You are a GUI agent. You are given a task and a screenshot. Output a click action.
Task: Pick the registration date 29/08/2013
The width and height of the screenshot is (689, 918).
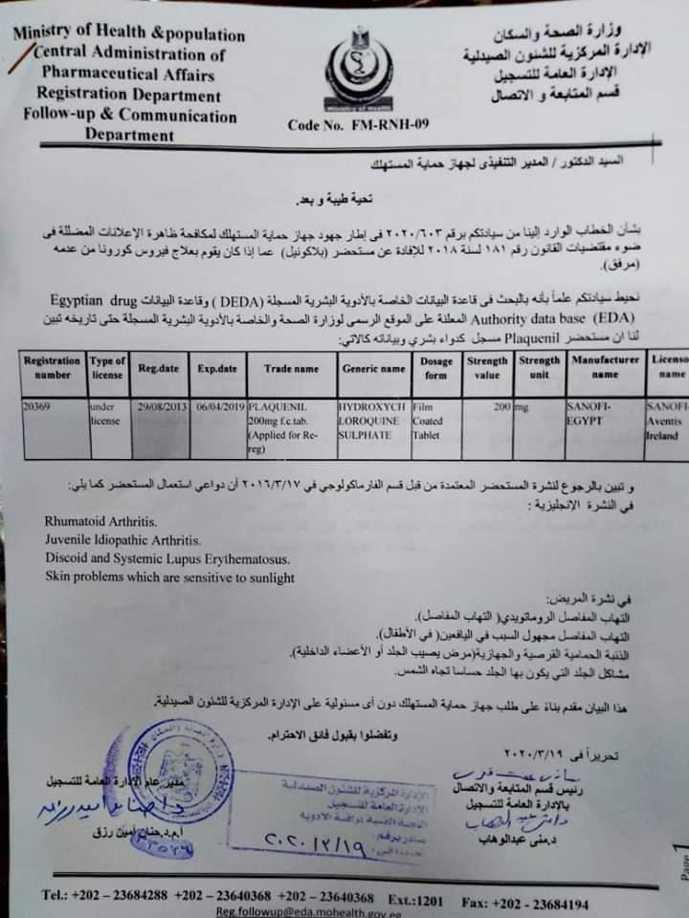click(161, 407)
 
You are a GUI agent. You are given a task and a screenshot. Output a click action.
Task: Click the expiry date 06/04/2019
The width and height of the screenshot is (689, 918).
click(216, 407)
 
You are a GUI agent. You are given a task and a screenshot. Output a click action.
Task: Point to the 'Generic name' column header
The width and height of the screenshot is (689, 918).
click(372, 367)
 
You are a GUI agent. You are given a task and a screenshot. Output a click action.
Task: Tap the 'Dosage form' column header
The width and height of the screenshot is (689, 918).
click(435, 367)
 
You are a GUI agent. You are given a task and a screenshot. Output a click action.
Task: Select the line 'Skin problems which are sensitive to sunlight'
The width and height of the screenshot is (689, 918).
click(169, 578)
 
